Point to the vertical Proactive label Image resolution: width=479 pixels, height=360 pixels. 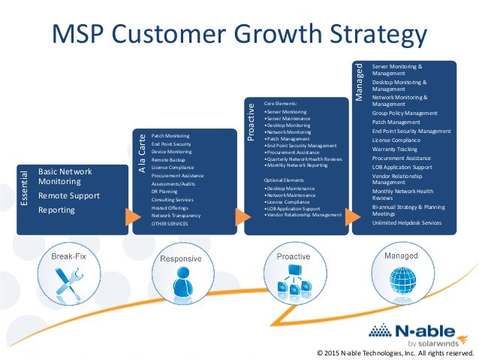point(252,120)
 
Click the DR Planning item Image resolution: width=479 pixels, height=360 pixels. point(166,191)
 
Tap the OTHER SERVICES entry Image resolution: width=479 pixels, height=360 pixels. point(170,223)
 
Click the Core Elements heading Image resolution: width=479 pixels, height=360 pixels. point(281,104)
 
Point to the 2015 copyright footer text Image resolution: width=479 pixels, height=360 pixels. point(396,352)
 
